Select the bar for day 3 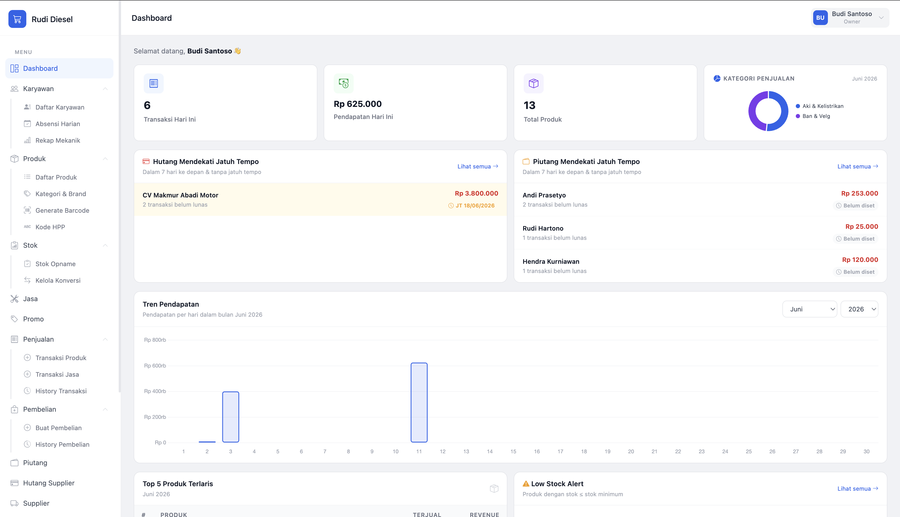[231, 417]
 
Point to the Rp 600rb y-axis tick [155, 365]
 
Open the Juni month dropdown [809, 309]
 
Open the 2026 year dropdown [859, 309]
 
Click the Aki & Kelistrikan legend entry [819, 106]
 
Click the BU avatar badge [820, 18]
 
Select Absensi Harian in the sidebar [57, 123]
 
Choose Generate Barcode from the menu [62, 210]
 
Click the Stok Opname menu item [55, 264]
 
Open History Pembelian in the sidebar [62, 444]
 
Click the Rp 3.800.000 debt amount [476, 193]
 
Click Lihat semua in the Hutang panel [478, 166]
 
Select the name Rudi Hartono [543, 228]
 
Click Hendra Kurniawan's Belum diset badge [855, 272]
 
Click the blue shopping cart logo [17, 19]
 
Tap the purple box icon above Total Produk [533, 83]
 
